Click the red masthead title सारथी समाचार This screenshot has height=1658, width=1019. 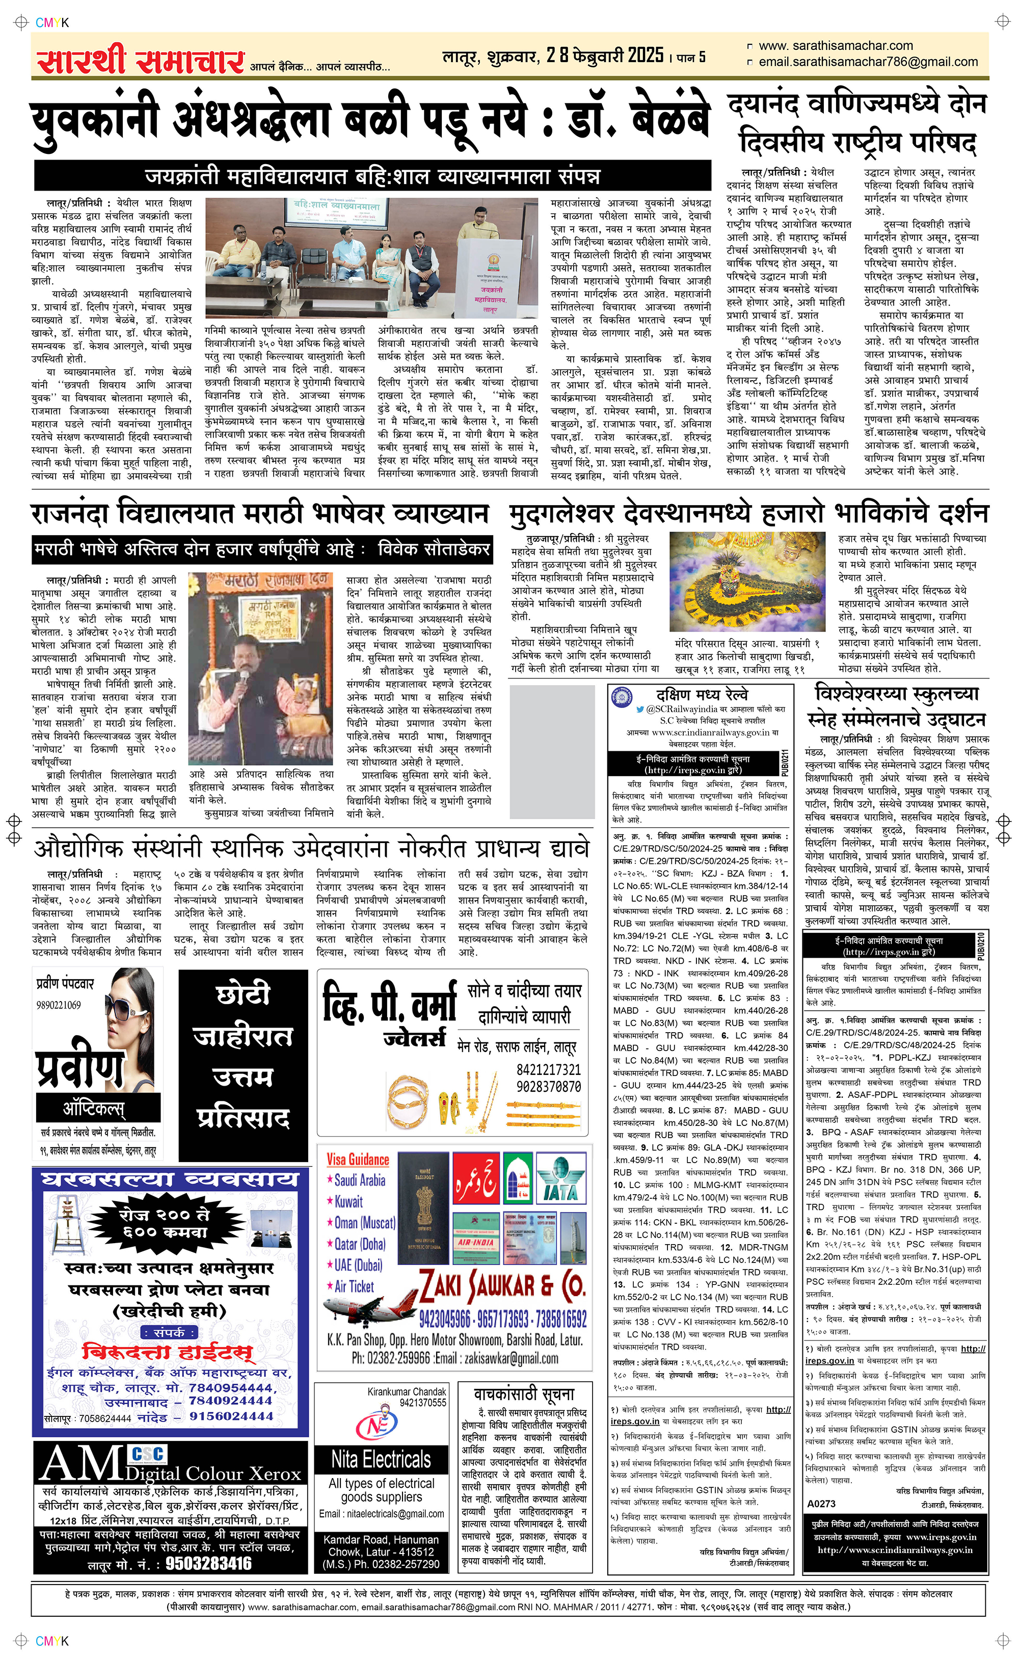(x=140, y=60)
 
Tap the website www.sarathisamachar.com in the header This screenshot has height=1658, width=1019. (x=835, y=46)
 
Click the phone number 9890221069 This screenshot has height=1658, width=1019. (x=59, y=1005)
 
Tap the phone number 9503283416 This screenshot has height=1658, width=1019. (x=208, y=1564)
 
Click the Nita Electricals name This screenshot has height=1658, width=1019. (x=381, y=1459)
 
